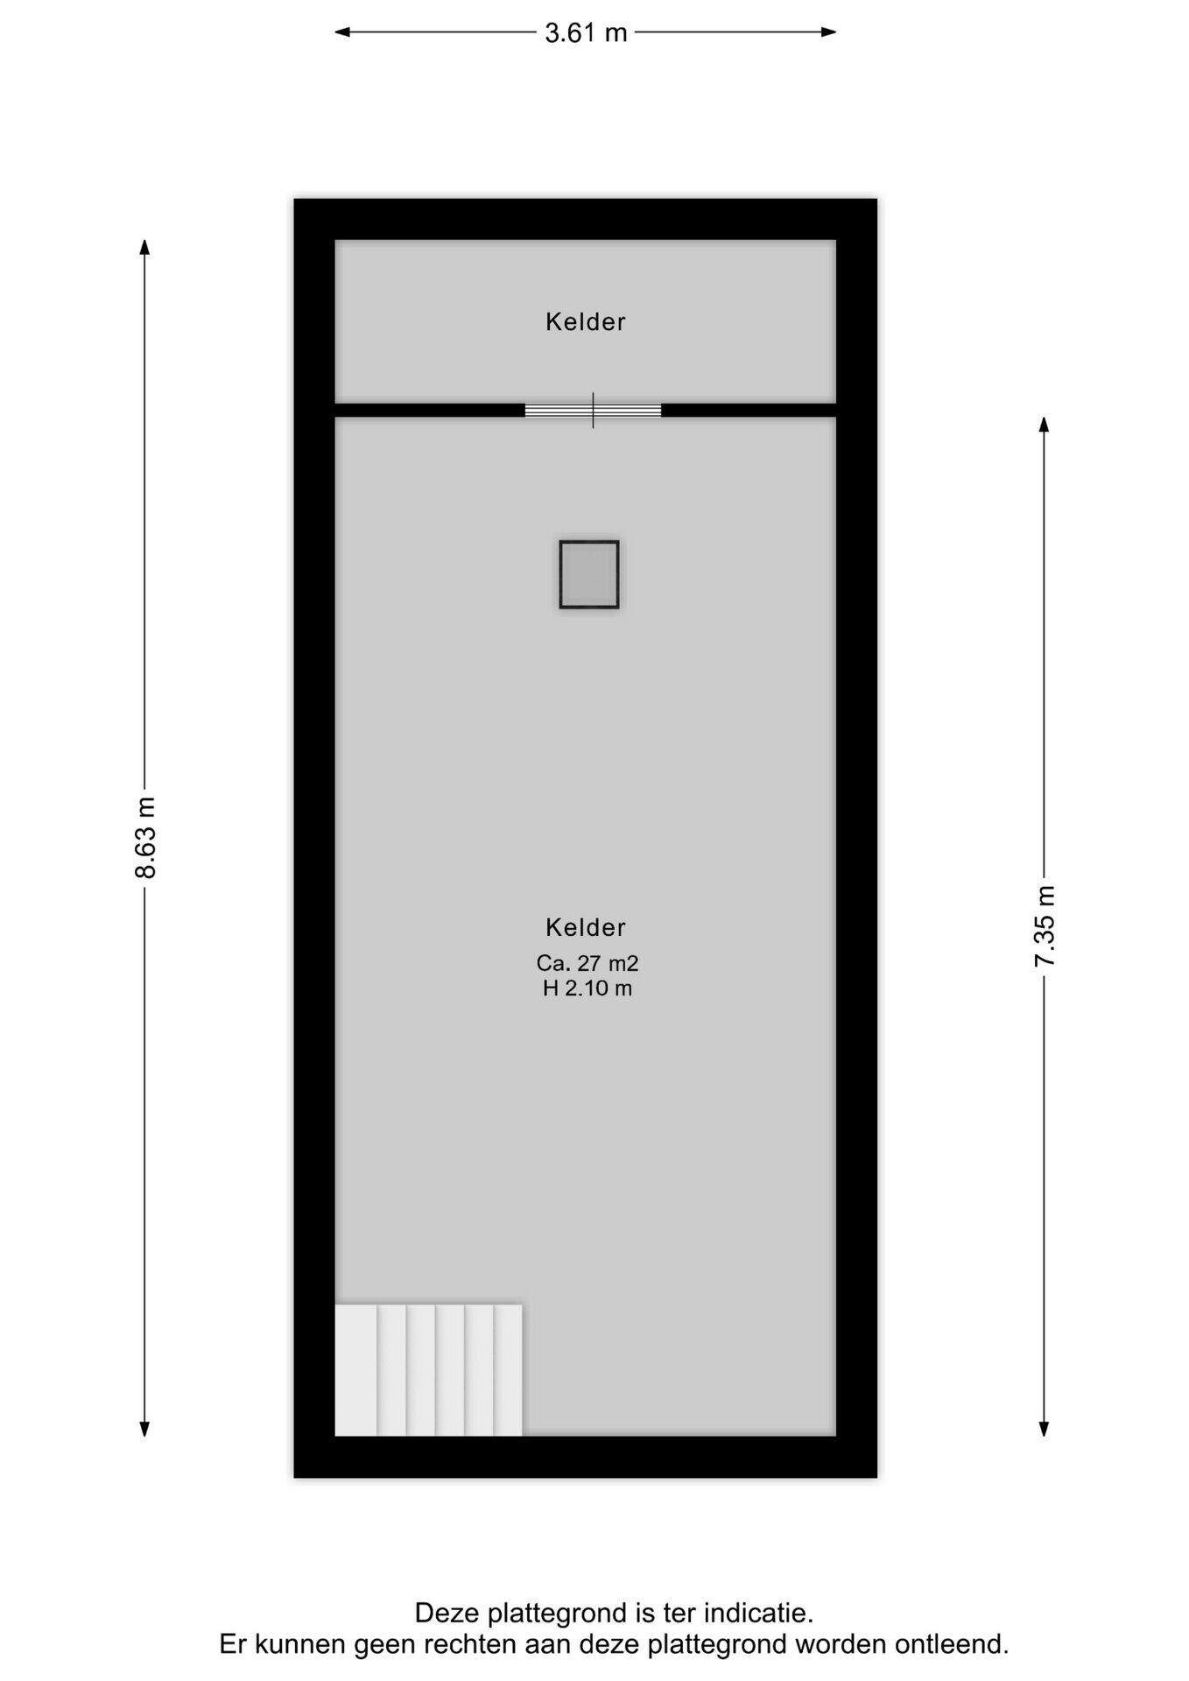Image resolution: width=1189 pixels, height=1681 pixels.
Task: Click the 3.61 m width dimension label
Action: [586, 32]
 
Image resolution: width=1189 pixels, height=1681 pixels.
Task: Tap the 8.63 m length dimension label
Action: [144, 837]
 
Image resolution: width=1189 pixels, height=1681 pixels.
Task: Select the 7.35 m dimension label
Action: [1045, 925]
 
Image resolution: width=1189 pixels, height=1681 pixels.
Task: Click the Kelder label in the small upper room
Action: [586, 322]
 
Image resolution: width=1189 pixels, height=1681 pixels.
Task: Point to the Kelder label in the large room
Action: [586, 927]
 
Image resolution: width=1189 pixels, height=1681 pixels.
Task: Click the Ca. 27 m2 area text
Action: [587, 963]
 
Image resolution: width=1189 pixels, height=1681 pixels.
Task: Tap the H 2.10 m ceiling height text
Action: [587, 988]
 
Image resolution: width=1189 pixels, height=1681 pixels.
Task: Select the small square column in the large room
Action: [589, 574]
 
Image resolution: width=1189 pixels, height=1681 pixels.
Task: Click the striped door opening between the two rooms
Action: [593, 410]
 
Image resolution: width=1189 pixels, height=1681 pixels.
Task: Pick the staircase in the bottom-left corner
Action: [429, 1370]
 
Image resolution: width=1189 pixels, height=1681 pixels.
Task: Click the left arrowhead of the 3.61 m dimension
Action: [342, 32]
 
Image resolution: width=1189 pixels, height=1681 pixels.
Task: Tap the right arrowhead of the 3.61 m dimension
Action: [828, 32]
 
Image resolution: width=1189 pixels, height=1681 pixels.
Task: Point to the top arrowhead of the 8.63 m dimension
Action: [144, 247]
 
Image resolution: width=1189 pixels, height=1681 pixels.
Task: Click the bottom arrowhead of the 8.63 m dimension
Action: [144, 1429]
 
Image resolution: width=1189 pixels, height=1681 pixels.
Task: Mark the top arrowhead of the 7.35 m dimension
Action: [1045, 425]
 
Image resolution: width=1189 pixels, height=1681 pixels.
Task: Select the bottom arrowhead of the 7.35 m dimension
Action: [1045, 1429]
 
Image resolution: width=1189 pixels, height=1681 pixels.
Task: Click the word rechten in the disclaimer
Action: [469, 1644]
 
